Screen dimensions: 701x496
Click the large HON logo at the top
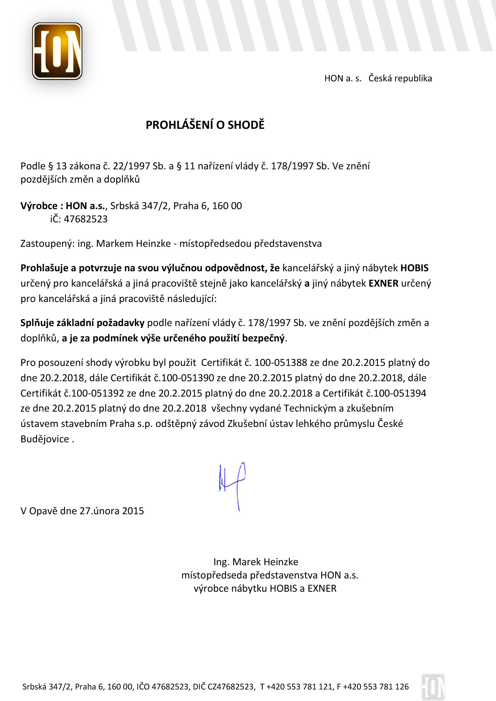click(x=57, y=51)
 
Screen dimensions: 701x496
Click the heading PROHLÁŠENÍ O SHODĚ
click(x=205, y=125)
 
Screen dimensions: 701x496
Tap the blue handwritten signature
click(x=233, y=485)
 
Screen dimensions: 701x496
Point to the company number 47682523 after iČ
click(x=86, y=219)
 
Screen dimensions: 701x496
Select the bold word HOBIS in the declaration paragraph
click(x=414, y=268)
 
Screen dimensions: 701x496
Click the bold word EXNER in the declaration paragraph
click(x=384, y=283)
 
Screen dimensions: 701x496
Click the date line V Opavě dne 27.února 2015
click(x=82, y=511)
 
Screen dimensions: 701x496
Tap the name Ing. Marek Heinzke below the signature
click(x=256, y=562)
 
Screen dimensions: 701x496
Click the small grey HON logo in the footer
click(x=433, y=687)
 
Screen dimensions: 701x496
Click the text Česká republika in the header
click(x=400, y=78)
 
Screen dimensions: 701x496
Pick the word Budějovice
click(x=45, y=439)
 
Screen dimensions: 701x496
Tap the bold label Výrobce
click(x=39, y=206)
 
